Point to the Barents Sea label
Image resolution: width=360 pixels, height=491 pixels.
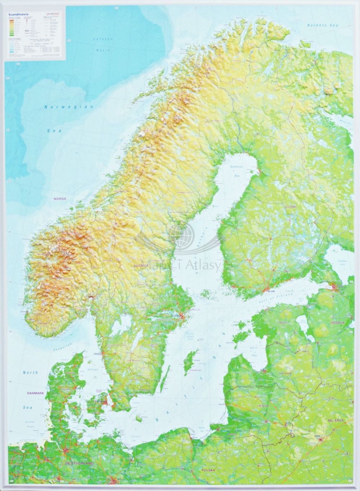pos(319,26)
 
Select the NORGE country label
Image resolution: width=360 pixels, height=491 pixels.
pos(60,199)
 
